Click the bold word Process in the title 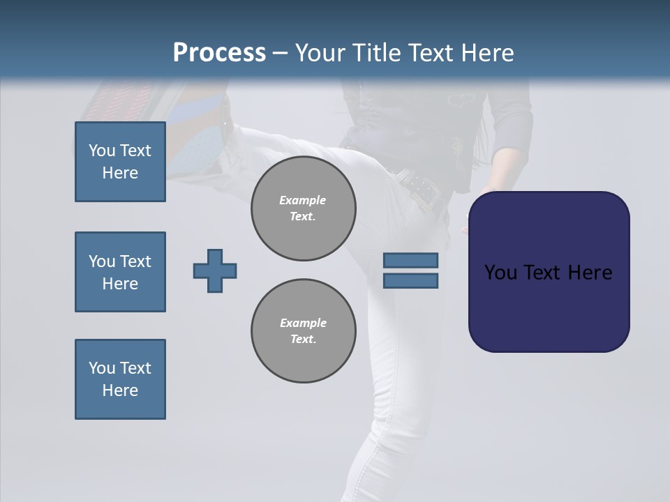[x=219, y=53]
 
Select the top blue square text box [x=120, y=162]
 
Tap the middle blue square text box [x=120, y=272]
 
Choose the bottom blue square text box [x=120, y=379]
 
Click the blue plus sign [x=215, y=271]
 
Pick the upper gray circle [x=303, y=208]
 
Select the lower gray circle [x=303, y=331]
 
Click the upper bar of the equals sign [x=410, y=260]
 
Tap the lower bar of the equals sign [x=410, y=281]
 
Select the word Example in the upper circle [x=303, y=200]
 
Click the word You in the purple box [x=500, y=273]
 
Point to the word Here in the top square [x=120, y=173]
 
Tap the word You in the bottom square [x=102, y=368]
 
